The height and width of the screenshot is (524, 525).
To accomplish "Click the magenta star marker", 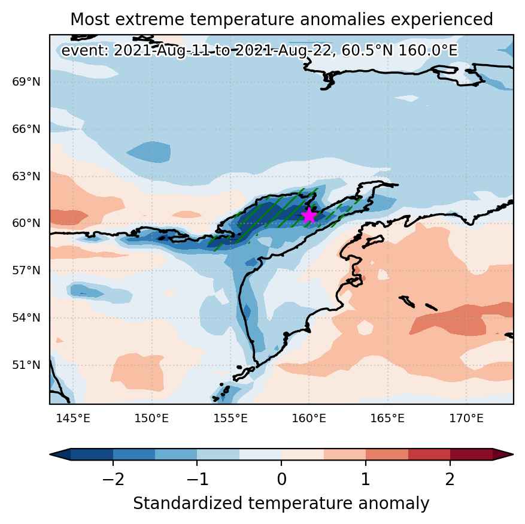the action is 309,216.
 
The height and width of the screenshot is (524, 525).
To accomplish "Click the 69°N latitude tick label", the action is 26,82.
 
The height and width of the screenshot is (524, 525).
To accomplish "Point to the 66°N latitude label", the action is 26,129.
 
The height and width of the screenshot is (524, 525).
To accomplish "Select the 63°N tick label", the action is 26,176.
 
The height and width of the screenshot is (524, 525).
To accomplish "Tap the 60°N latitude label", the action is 26,223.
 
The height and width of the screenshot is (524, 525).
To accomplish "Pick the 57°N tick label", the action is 26,270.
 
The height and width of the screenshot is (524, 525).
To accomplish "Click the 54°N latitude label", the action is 26,317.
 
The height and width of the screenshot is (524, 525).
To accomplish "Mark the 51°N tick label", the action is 26,365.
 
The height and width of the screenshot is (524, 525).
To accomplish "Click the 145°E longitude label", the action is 73,419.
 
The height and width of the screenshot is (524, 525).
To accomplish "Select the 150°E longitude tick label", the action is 151,419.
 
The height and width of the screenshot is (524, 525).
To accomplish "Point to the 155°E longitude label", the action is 230,419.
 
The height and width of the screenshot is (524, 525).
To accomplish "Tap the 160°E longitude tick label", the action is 309,419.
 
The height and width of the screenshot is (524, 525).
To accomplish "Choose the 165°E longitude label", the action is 388,419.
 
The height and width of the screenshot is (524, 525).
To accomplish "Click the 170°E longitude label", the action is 466,419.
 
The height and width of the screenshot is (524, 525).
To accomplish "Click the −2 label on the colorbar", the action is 113,480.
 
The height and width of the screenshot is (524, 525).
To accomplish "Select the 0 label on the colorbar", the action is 281,480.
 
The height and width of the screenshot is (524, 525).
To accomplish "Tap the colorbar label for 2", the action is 450,480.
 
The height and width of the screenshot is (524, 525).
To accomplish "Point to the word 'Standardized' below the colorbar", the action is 188,504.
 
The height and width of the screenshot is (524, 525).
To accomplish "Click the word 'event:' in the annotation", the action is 86,51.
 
